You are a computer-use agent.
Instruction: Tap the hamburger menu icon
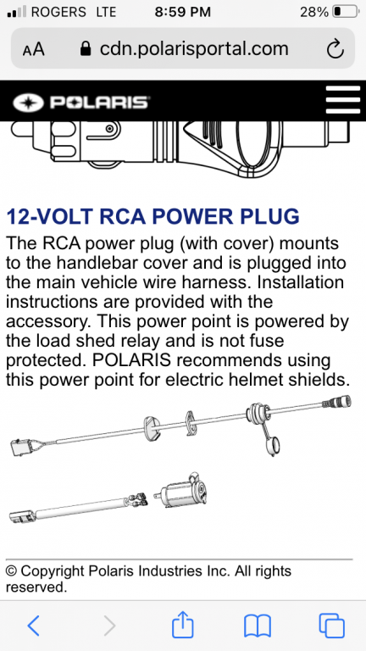(343, 100)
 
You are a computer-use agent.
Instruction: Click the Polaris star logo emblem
(29, 103)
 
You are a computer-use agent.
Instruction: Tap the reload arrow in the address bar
(335, 49)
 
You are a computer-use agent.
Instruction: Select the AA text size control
(33, 49)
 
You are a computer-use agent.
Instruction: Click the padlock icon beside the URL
(85, 48)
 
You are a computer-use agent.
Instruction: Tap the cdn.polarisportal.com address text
(194, 49)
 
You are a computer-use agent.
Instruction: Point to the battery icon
(346, 12)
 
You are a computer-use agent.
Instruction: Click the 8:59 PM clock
(183, 12)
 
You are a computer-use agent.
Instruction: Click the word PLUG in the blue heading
(269, 216)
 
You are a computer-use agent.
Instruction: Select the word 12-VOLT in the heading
(51, 216)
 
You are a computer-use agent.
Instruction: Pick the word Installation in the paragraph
(301, 283)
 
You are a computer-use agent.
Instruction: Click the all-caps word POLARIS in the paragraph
(132, 360)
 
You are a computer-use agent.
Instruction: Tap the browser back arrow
(33, 626)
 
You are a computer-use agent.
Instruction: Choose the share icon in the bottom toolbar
(183, 624)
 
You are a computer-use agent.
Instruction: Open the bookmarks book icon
(258, 626)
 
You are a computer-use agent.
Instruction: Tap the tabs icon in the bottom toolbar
(331, 626)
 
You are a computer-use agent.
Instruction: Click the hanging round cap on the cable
(272, 447)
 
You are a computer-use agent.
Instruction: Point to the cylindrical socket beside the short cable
(181, 491)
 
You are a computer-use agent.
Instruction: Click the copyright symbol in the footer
(11, 571)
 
